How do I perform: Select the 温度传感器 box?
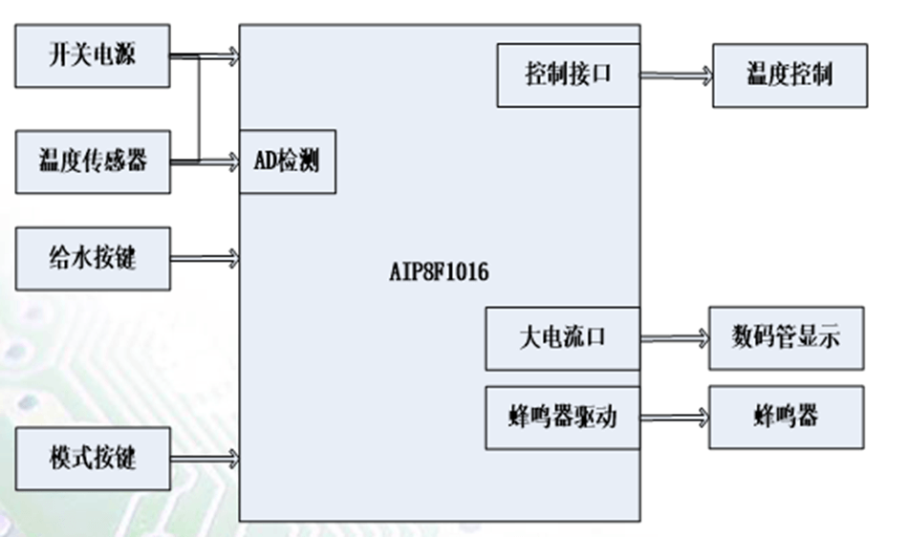[x=93, y=161]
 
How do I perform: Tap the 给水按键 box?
[x=93, y=258]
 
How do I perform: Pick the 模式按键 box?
[x=93, y=459]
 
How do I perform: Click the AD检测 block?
[x=287, y=161]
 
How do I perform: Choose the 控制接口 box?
[x=568, y=75]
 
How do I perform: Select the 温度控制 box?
[x=789, y=75]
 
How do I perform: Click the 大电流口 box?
[x=562, y=338]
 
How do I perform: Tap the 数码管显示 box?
[x=786, y=338]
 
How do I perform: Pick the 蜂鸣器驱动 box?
[x=562, y=418]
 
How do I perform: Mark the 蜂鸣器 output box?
[x=786, y=418]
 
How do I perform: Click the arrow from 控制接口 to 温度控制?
[x=676, y=75]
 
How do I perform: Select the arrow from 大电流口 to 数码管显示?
[x=673, y=338]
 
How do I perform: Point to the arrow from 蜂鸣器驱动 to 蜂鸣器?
[x=673, y=418]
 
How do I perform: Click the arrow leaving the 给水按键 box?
[x=205, y=258]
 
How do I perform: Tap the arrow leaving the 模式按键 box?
[x=205, y=459]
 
